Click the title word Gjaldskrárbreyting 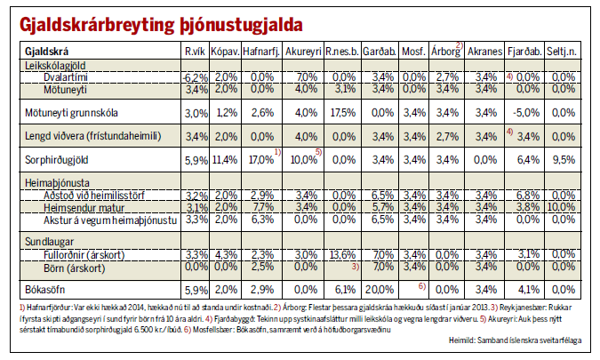point(97,25)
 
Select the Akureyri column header point(303,52)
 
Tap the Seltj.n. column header point(562,52)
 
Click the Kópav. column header point(226,52)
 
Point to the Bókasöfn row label point(44,289)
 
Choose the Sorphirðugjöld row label point(57,159)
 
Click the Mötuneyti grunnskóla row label point(71,113)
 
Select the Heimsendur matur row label point(84,208)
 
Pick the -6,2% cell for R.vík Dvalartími point(196,77)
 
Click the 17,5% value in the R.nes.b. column point(343,113)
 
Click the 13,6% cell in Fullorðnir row point(343,254)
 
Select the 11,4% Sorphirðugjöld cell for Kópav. point(225,159)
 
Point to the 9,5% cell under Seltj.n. point(564,159)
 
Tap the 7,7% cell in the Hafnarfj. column point(262,207)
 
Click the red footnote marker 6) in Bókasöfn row point(421,286)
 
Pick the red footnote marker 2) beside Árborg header point(460,45)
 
